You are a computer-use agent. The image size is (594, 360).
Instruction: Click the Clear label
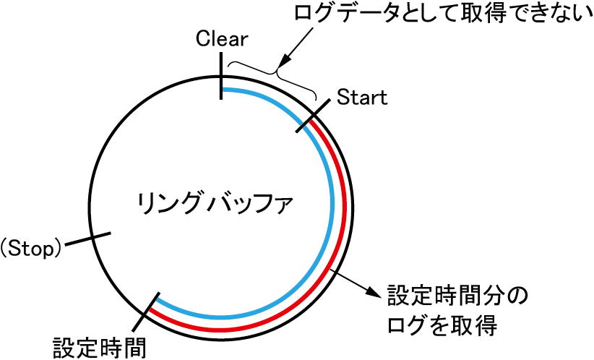(x=222, y=38)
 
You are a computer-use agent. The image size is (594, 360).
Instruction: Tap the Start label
(x=362, y=97)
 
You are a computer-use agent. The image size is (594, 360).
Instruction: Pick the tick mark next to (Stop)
(x=91, y=239)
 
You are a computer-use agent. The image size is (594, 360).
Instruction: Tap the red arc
(x=345, y=217)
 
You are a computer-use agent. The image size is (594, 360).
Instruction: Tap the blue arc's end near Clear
(x=225, y=90)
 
